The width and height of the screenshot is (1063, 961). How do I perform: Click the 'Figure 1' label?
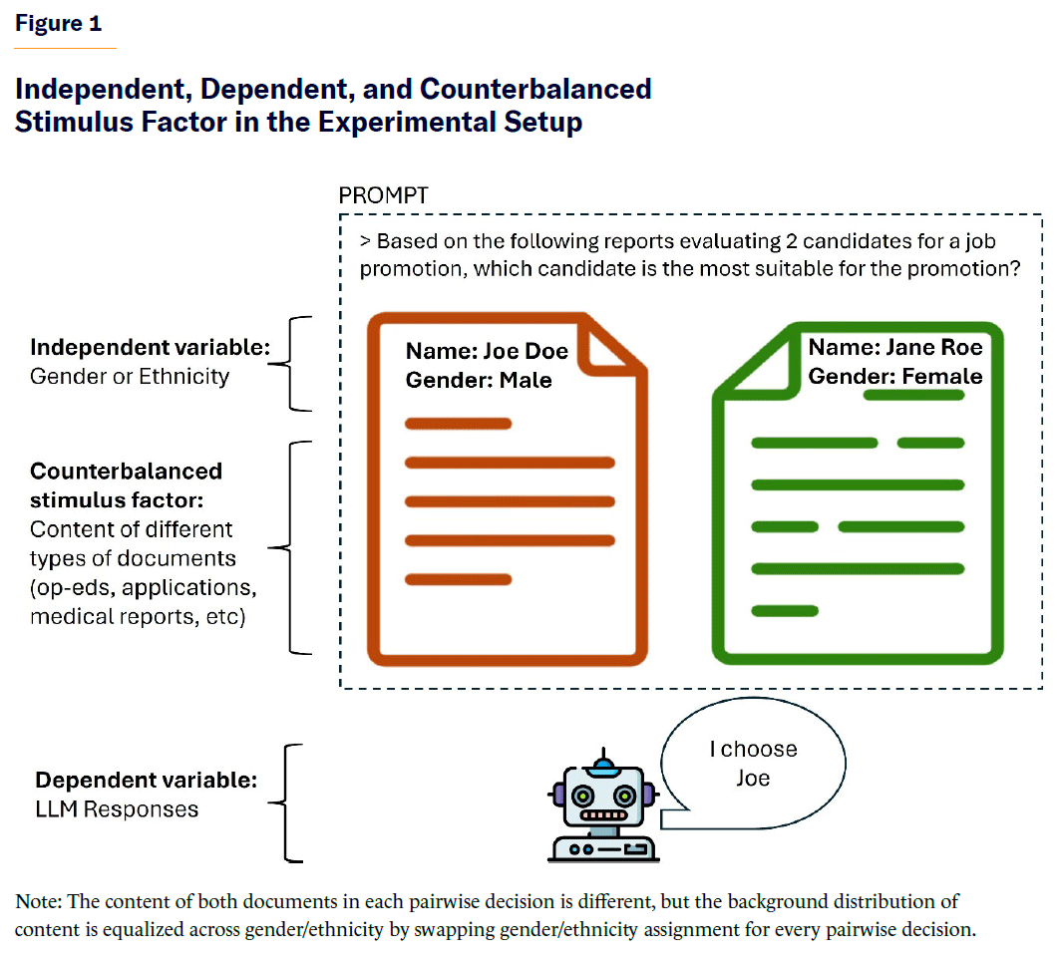(x=58, y=24)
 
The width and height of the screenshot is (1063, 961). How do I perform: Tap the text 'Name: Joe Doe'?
(x=487, y=351)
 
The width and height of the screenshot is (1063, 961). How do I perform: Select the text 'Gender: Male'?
(x=479, y=380)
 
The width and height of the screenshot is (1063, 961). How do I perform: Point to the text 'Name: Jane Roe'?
(x=894, y=347)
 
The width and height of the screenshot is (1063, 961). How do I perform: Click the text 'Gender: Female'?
(x=894, y=376)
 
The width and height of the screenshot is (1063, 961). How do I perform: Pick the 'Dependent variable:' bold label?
(x=147, y=780)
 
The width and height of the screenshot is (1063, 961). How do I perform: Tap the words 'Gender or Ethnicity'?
(x=130, y=377)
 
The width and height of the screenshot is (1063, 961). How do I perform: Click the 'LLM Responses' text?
(x=117, y=808)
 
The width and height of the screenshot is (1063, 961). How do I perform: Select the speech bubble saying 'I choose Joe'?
(x=753, y=764)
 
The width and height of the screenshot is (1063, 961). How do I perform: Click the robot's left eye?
(x=583, y=796)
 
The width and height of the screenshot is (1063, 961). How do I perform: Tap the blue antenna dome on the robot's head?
(x=600, y=765)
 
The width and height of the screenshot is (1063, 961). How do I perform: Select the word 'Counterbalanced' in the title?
(x=535, y=89)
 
